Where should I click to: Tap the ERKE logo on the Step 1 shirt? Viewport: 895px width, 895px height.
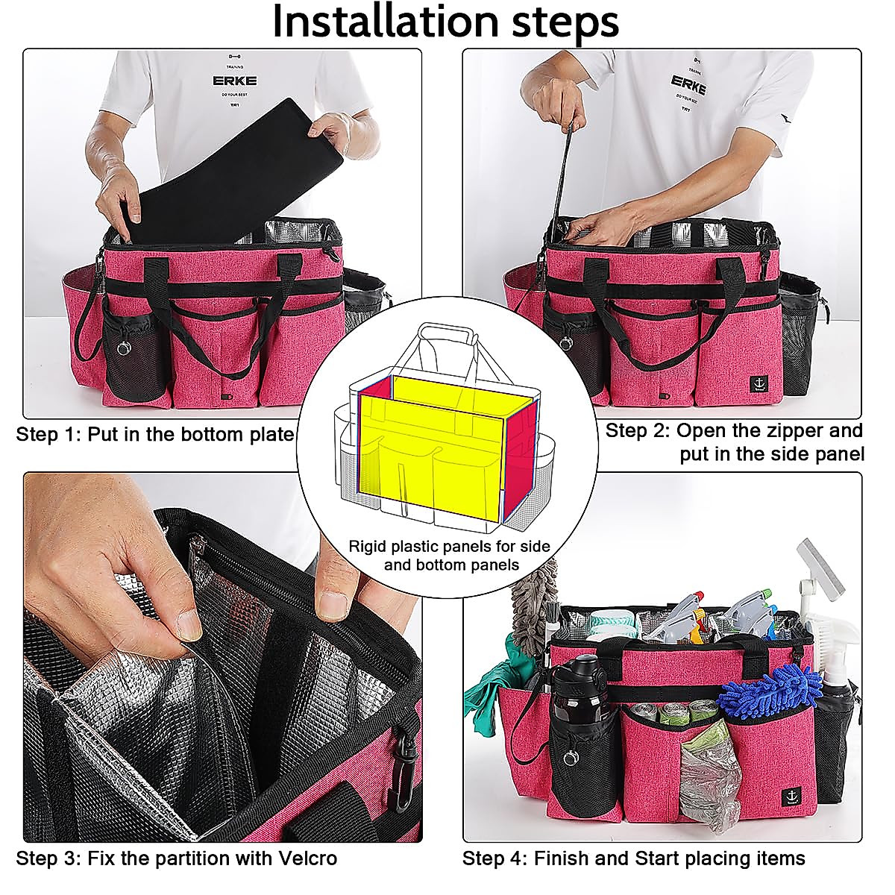pyautogui.click(x=224, y=81)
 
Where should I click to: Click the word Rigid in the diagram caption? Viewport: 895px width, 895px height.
pyautogui.click(x=368, y=546)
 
